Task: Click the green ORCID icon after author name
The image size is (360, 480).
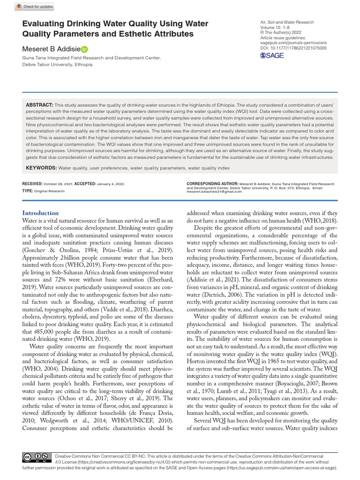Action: (84, 49)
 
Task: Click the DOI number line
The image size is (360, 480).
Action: (293, 48)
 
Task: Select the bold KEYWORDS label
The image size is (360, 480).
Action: (41, 167)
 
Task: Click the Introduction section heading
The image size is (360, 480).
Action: (40, 213)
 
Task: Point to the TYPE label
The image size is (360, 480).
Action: (28, 191)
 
